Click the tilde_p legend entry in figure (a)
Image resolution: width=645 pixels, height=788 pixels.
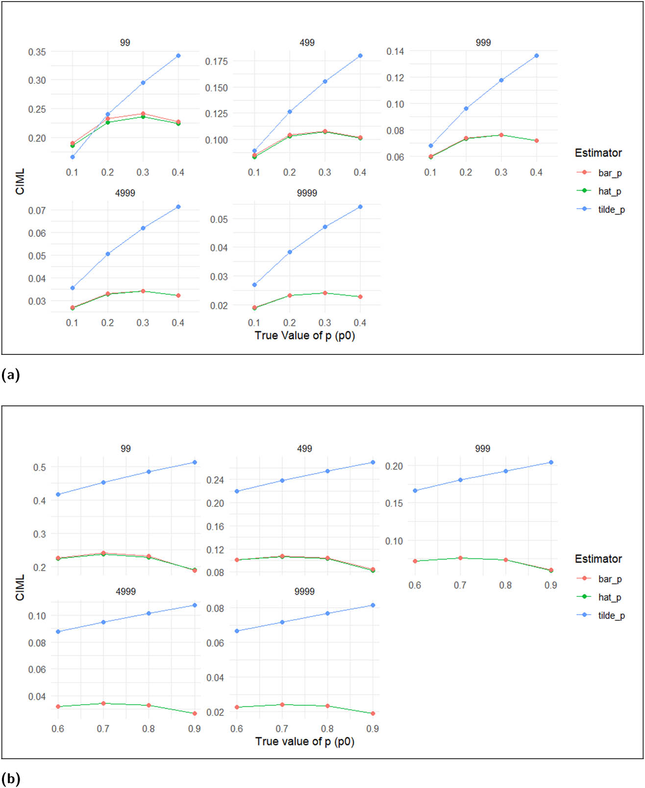tap(611, 210)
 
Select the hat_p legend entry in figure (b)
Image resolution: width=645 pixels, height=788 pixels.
tap(609, 597)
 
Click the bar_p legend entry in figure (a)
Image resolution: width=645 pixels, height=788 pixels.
tap(610, 173)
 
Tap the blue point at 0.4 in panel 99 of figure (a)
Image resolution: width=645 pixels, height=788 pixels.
tap(178, 56)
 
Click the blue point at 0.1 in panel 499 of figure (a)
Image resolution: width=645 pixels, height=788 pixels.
tap(254, 151)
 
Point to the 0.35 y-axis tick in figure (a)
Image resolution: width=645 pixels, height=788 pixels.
tap(37, 52)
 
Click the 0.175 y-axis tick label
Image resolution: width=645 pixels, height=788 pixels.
tap(216, 62)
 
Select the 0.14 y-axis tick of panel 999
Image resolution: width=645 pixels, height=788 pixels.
tap(395, 51)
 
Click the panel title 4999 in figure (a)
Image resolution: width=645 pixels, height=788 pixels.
tap(125, 193)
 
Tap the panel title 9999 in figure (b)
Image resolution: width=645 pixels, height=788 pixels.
tap(304, 591)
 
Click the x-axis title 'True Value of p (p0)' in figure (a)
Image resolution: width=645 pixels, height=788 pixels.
tap(304, 336)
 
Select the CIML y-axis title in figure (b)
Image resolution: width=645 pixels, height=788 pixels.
tap(20, 588)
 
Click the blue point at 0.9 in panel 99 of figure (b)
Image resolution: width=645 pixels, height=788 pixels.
tap(195, 462)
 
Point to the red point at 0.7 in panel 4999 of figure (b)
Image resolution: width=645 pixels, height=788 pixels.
tap(103, 703)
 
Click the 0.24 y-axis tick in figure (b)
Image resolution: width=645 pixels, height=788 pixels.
tap(215, 480)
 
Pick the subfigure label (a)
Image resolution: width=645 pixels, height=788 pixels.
tap(11, 375)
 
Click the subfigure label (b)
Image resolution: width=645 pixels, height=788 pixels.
tap(11, 779)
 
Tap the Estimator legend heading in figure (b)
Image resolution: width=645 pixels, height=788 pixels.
tap(598, 559)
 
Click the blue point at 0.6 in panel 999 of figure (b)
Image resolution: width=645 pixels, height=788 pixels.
tap(415, 491)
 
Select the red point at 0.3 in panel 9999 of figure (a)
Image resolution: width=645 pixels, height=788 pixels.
tap(325, 293)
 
